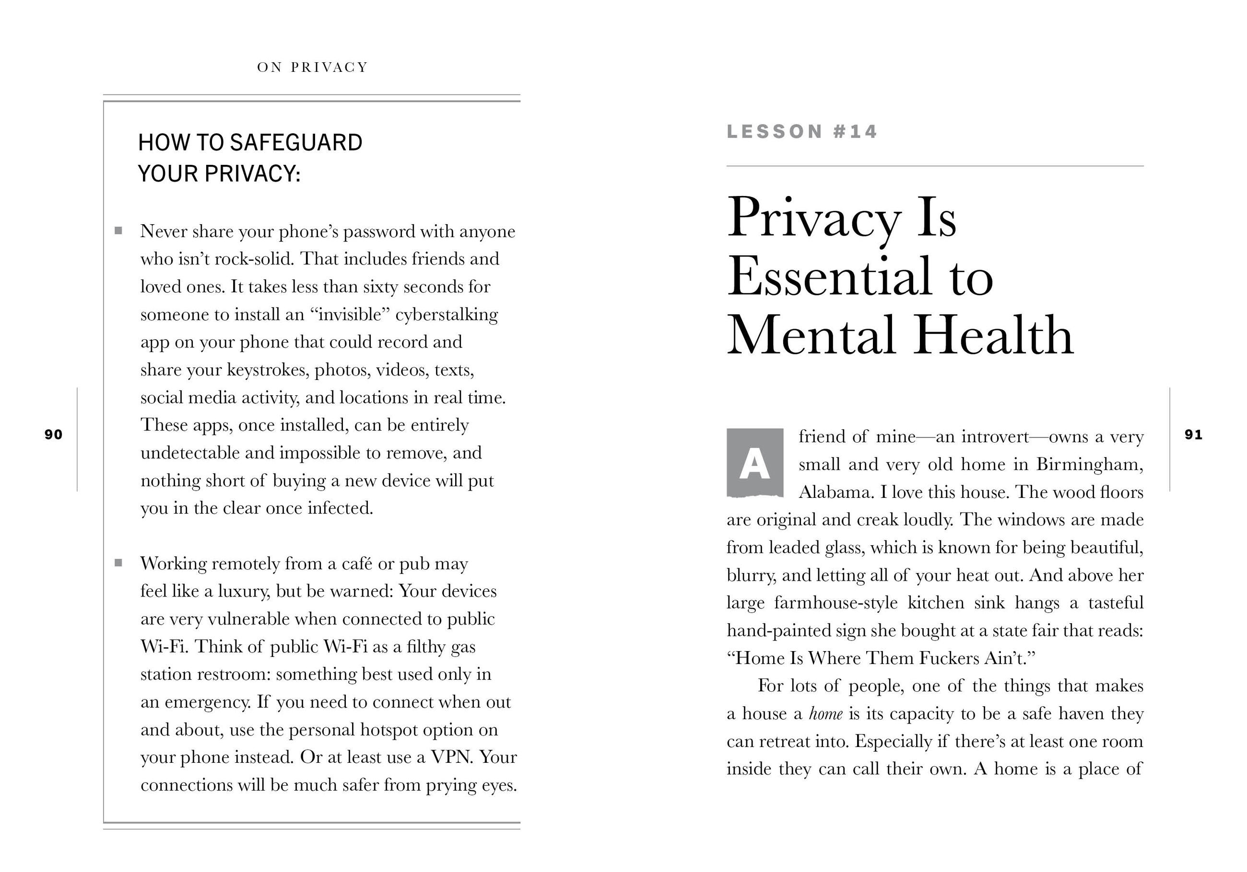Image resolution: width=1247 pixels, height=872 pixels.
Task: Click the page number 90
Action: tap(53, 435)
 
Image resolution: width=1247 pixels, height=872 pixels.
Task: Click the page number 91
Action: tap(1193, 435)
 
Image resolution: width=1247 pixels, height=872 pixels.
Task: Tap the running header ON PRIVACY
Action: tap(312, 67)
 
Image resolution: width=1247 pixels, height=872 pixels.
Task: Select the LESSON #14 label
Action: tap(801, 132)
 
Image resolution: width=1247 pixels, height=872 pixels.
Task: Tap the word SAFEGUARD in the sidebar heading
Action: tap(296, 143)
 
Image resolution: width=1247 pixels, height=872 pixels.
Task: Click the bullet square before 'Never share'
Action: tap(118, 231)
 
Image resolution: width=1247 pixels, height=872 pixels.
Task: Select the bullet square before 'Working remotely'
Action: tap(118, 562)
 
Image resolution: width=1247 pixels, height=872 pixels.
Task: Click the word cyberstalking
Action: tap(447, 315)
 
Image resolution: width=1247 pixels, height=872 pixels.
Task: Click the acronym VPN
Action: tap(452, 757)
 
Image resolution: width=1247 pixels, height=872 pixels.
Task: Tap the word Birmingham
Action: tap(1090, 464)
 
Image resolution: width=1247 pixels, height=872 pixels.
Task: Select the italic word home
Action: tap(825, 713)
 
